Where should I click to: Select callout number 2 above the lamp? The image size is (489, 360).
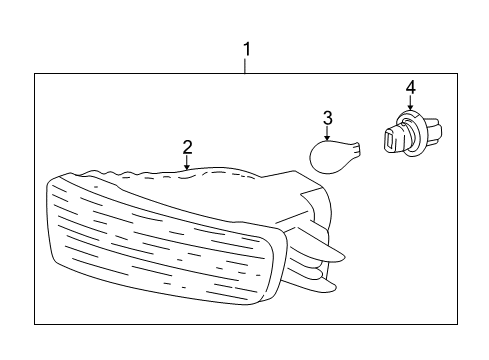pyautogui.click(x=187, y=147)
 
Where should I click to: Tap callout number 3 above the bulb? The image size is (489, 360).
pyautogui.click(x=326, y=119)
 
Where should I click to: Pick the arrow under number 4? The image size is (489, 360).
pyautogui.click(x=409, y=103)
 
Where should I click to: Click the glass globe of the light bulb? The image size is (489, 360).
pyautogui.click(x=326, y=157)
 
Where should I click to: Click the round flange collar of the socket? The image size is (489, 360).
pyautogui.click(x=407, y=129)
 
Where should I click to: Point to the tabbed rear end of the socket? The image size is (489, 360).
pyautogui.click(x=425, y=136)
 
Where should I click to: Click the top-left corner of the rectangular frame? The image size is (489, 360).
pyautogui.click(x=35, y=74)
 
